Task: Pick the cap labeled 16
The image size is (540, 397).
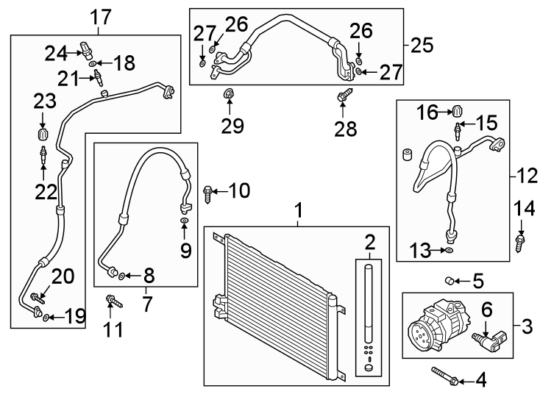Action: point(456,111)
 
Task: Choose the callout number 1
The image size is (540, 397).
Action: point(299,211)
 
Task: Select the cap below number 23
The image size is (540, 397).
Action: point(43,137)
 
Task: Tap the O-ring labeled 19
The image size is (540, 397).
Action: point(46,318)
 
